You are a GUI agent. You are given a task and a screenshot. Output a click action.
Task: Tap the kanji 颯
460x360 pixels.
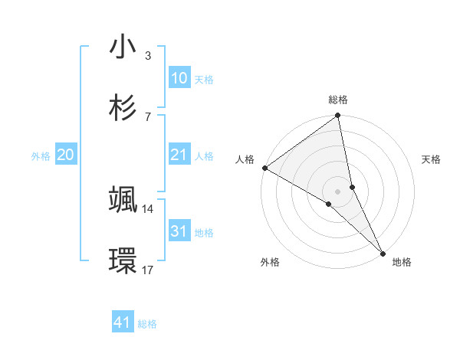123,200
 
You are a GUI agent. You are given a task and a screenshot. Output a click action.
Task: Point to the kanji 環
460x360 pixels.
123,260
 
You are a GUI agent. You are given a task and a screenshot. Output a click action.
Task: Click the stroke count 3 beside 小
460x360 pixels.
148,56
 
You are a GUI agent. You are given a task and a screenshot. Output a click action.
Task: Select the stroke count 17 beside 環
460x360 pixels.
148,270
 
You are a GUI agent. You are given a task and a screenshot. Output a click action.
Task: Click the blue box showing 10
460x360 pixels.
179,78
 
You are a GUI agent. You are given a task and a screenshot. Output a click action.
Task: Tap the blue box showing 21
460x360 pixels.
179,155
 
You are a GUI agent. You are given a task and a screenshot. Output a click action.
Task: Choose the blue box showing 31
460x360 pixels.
179,231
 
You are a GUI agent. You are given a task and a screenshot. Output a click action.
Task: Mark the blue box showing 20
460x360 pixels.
65,155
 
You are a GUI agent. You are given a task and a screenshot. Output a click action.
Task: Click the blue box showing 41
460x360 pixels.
123,322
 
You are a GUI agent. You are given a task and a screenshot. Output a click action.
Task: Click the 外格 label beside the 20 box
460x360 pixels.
41,155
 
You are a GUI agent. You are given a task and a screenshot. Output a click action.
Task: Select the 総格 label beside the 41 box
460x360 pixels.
147,324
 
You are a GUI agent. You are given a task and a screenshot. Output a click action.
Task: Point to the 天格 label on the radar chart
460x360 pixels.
431,159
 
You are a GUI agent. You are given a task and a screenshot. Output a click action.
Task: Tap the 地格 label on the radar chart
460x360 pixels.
402,262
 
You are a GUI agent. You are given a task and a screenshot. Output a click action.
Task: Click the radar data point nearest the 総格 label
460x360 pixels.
337,116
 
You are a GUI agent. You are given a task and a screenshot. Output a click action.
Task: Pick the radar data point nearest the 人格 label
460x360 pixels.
264,168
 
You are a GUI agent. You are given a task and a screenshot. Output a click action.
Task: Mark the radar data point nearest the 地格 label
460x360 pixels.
383,253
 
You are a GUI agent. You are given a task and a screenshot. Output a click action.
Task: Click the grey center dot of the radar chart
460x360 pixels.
337,191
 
